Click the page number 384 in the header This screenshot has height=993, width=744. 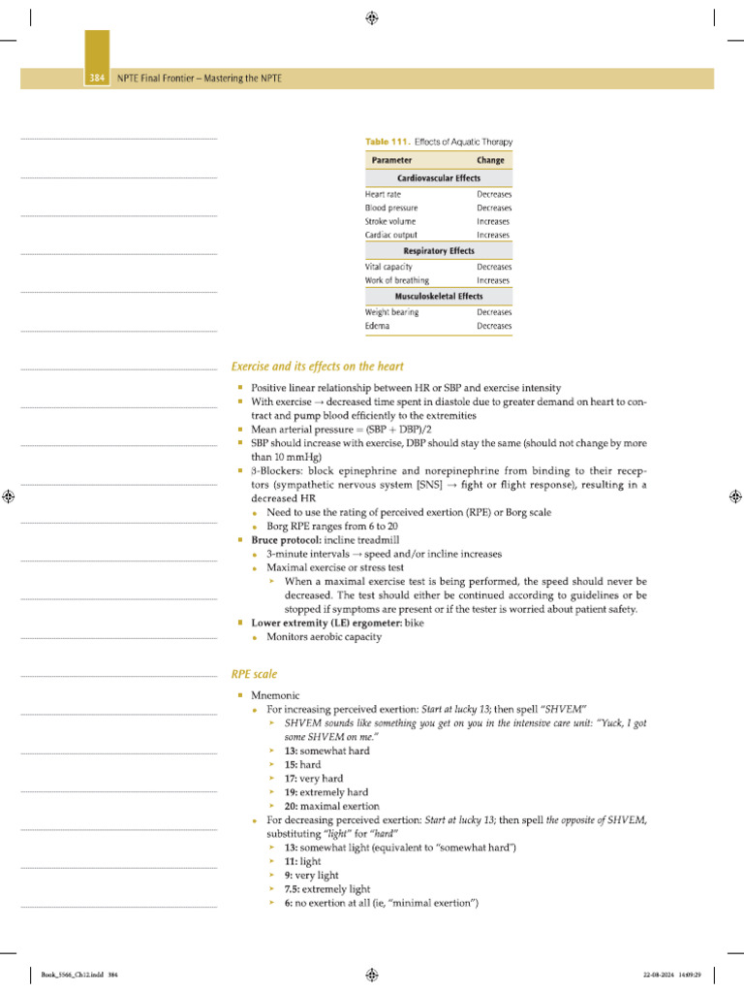pyautogui.click(x=97, y=79)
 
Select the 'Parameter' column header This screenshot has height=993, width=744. pyautogui.click(x=392, y=160)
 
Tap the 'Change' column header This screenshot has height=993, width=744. pyautogui.click(x=490, y=160)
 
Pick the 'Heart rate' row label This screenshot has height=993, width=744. pyautogui.click(x=383, y=194)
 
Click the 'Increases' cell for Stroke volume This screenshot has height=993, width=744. pyautogui.click(x=493, y=221)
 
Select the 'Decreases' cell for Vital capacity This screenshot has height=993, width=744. pyautogui.click(x=494, y=267)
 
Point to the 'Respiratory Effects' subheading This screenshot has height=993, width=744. pyautogui.click(x=439, y=251)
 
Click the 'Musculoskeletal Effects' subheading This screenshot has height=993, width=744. pyautogui.click(x=439, y=296)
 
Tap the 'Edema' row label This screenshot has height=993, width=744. pyautogui.click(x=378, y=326)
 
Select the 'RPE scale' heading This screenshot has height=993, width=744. pyautogui.click(x=254, y=673)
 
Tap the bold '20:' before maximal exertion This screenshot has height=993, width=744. pyautogui.click(x=291, y=806)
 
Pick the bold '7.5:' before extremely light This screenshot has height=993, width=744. pyautogui.click(x=293, y=888)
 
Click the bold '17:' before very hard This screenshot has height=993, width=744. pyautogui.click(x=291, y=779)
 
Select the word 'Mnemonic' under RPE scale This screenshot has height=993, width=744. pyautogui.click(x=275, y=696)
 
